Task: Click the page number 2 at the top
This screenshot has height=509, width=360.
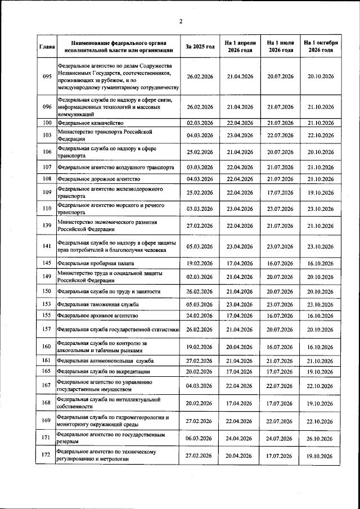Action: [x=181, y=22]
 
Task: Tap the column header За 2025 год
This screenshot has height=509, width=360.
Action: [x=200, y=46]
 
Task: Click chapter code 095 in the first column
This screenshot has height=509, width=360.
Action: [x=47, y=76]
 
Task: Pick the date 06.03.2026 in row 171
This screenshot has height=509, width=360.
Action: [x=200, y=439]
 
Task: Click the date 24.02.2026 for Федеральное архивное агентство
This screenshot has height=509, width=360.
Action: [x=200, y=316]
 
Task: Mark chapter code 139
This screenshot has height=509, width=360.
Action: [x=47, y=226]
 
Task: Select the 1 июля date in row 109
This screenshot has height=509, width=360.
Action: [x=280, y=193]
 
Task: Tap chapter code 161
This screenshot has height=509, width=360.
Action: [x=47, y=360]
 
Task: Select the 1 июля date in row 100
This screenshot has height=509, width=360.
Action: [x=280, y=123]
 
